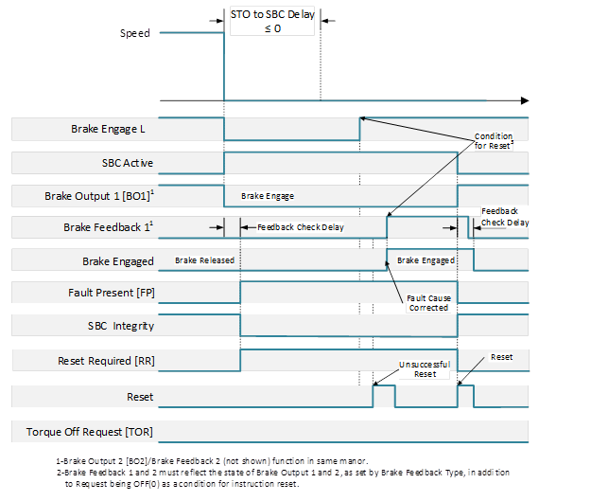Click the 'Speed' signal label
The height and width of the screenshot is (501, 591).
coord(134,33)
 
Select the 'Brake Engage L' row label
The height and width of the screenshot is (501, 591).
coord(112,129)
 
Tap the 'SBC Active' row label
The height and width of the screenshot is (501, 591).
coord(127,163)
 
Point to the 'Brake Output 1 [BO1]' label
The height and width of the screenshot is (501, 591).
coord(98,196)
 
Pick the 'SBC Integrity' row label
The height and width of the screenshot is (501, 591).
coord(120,326)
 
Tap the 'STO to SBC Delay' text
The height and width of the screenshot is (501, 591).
coord(271,16)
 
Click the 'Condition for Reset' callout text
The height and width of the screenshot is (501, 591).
coord(494,140)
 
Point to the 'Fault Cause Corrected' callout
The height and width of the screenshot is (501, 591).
coord(428,303)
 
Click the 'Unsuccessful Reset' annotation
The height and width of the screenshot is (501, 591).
coord(425,368)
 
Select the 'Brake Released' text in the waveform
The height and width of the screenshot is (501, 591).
coord(205,260)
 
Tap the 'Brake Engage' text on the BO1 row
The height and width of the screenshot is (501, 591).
coord(268,196)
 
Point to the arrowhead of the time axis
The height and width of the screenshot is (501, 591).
coord(524,99)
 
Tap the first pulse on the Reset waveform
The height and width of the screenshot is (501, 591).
coord(383,393)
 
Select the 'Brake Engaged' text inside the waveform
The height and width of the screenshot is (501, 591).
coord(426,260)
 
